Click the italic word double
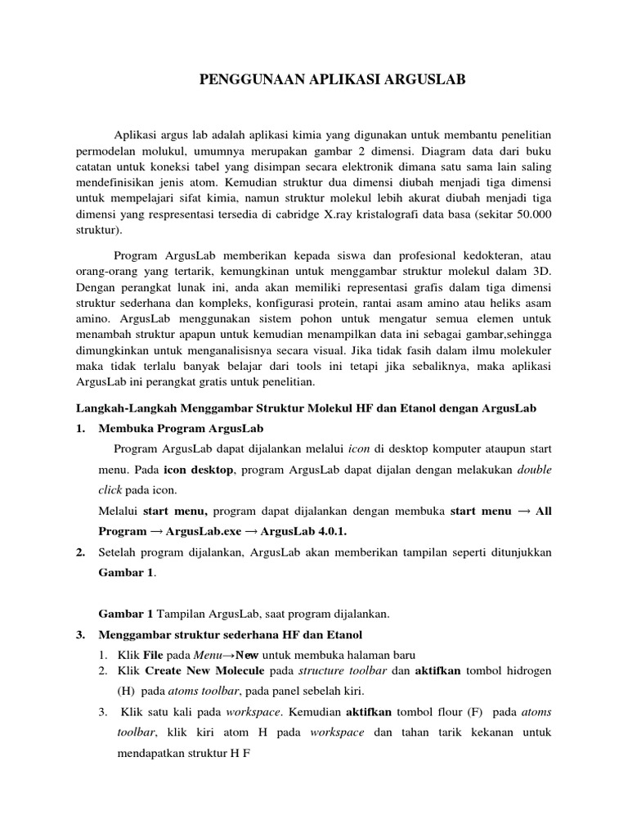coord(535,471)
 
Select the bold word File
coord(154,654)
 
